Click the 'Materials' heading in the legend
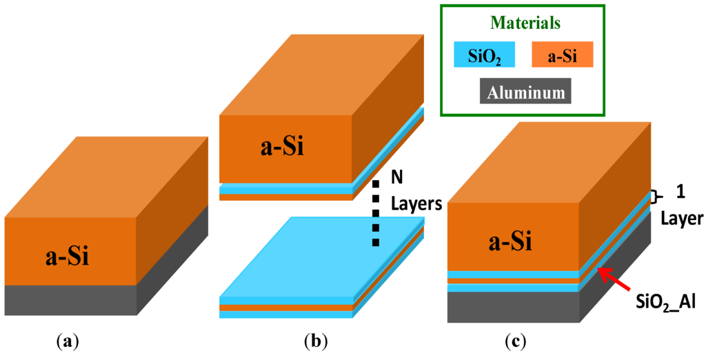pyautogui.click(x=525, y=23)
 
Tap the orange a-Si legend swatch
pyautogui.click(x=563, y=54)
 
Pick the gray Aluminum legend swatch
pyautogui.click(x=524, y=92)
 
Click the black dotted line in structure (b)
pyautogui.click(x=376, y=214)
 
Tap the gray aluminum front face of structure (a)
pyautogui.click(x=70, y=300)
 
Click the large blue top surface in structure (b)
pyautogui.click(x=324, y=255)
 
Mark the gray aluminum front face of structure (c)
pyautogui.click(x=514, y=307)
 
